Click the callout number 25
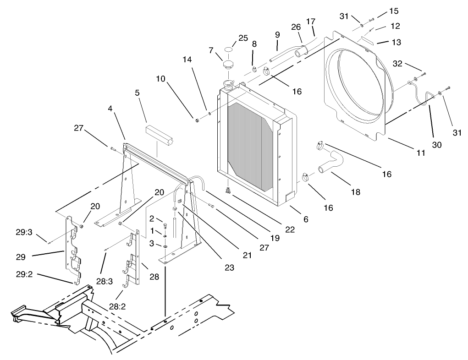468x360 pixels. click(x=243, y=37)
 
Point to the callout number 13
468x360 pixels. click(x=396, y=42)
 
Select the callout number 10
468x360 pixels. click(x=160, y=79)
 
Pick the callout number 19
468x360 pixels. click(x=274, y=238)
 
